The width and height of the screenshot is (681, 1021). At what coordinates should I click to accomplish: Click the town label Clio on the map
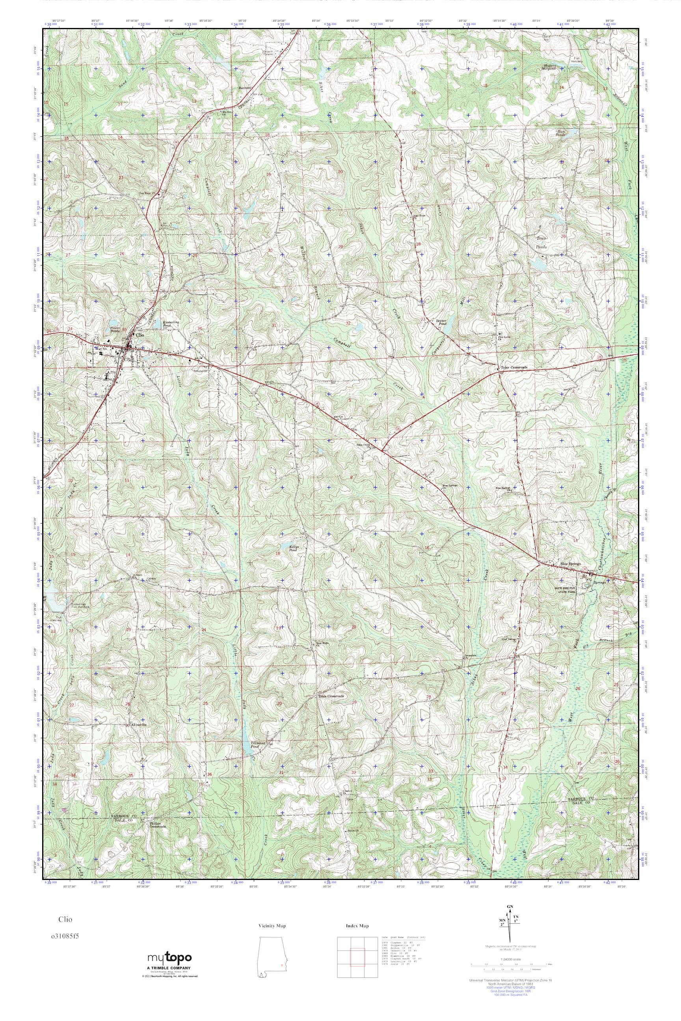pyautogui.click(x=140, y=335)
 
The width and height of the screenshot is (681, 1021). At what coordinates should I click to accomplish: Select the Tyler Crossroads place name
pyautogui.click(x=514, y=367)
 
